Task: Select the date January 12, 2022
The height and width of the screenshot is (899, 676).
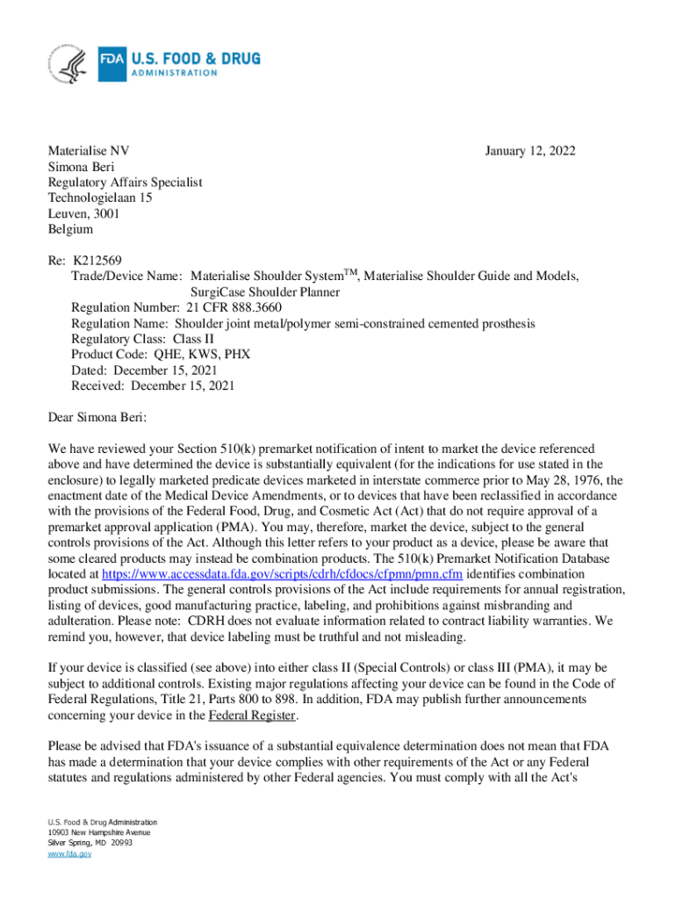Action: point(530,151)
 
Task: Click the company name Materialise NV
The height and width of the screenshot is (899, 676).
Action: point(89,151)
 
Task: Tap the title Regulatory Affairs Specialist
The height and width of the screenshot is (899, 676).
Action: point(125,182)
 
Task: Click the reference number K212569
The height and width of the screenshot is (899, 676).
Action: point(97,261)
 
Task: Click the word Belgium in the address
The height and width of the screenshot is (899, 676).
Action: point(70,229)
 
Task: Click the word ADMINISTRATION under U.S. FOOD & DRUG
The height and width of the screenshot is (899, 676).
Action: point(174,73)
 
